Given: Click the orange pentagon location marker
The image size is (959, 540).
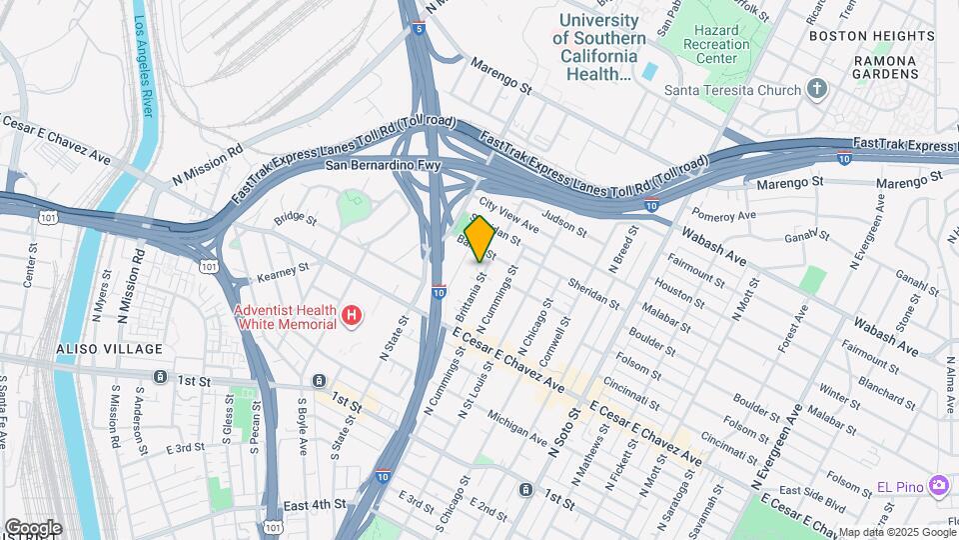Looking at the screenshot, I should (479, 239).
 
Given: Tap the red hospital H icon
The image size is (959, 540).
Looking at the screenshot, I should (351, 317).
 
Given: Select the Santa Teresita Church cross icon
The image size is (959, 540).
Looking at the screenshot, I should (817, 90).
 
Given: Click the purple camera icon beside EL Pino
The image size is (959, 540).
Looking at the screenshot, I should (938, 485).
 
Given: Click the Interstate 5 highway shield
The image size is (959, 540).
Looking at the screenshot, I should (417, 29).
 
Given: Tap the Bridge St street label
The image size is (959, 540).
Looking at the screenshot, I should (295, 217).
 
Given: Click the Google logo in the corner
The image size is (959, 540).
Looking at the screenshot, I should (32, 528).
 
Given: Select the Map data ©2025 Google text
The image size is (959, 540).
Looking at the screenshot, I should (897, 532).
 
